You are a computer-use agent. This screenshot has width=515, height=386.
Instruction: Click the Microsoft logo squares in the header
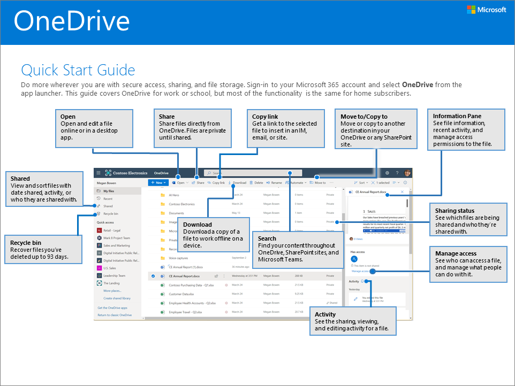coord(472,10)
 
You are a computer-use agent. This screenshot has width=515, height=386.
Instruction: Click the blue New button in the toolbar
coord(158,183)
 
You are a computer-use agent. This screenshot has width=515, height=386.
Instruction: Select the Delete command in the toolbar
coord(257,183)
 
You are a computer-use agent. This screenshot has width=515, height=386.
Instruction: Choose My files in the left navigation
coord(109,191)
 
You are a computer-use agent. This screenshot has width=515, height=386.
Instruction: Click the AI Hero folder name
coord(174,195)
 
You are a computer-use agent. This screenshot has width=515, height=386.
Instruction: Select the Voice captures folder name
coord(178,258)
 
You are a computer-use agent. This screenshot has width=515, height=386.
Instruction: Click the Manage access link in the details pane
coord(360,271)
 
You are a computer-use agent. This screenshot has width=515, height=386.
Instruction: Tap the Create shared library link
coord(117,298)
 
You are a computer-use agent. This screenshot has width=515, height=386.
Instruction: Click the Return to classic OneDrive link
coord(115,315)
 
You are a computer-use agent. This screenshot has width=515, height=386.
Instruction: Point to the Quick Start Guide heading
coord(78,70)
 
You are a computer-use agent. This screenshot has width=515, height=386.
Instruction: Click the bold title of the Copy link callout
coord(265,117)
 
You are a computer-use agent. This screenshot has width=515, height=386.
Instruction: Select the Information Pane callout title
coord(457,116)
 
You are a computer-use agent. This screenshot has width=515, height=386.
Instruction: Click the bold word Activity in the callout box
coord(325,314)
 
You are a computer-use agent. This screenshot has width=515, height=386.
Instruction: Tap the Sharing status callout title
coord(454,211)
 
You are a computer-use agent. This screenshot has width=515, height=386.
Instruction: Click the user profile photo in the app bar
coord(407,173)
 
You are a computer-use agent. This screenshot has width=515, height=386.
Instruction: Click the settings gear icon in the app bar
coord(387,173)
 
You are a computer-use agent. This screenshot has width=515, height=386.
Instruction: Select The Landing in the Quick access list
coord(111,283)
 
